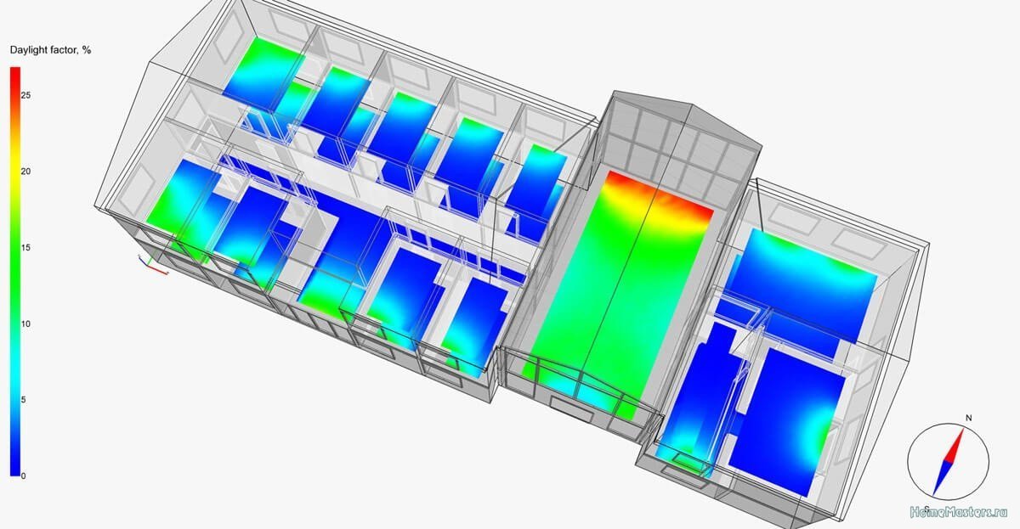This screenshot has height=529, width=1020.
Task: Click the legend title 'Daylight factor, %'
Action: point(50,50)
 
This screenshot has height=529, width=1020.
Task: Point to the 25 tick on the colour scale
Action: point(26,95)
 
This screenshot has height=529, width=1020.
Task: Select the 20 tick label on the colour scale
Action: point(26,172)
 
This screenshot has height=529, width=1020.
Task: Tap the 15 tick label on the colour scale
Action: point(26,248)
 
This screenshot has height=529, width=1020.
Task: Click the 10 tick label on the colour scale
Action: point(26,324)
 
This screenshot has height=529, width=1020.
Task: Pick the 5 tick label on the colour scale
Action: point(23,400)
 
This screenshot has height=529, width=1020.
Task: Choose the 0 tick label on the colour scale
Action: point(23,476)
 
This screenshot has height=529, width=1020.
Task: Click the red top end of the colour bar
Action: point(15,71)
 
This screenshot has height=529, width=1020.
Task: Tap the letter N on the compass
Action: point(968,418)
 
